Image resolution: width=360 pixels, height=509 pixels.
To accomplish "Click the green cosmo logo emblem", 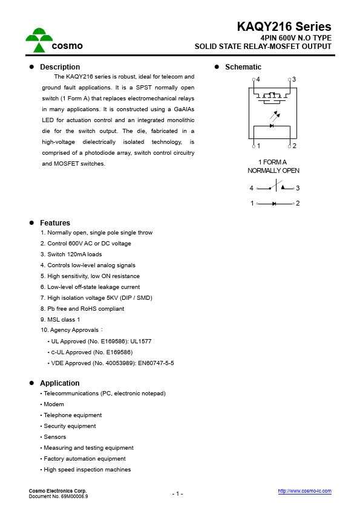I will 39,39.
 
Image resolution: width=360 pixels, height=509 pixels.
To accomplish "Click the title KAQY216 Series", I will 284,27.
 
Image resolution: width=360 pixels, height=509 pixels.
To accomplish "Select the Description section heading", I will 59,67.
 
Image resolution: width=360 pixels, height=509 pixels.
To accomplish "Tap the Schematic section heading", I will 243,67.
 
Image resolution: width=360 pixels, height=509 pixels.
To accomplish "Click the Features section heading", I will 54,223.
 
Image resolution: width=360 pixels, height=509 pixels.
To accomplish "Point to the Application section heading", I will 59,383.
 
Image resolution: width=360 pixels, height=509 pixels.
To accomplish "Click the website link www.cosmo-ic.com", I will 304,491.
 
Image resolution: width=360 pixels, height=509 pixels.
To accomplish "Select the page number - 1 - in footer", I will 177,494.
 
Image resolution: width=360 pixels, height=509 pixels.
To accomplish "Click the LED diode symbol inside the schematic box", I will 272,126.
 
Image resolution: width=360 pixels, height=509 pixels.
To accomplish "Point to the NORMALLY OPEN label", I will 273,170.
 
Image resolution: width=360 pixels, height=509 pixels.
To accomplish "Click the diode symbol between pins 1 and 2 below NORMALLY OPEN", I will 275,204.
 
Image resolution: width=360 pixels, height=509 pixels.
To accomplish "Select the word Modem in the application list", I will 54,404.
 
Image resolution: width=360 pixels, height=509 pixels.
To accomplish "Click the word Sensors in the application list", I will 55,437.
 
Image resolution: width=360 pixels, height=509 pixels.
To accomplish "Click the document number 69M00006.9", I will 73,496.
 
